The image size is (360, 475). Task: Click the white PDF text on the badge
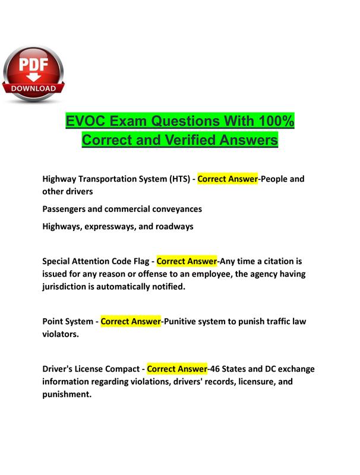pyautogui.click(x=33, y=65)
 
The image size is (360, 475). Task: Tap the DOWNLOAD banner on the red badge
pyautogui.click(x=33, y=88)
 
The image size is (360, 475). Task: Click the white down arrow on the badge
pyautogui.click(x=33, y=77)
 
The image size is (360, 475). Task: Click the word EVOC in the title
pyautogui.click(x=86, y=121)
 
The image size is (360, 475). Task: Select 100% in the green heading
pyautogui.click(x=276, y=121)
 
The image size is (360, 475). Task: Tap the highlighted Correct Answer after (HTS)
pyautogui.click(x=228, y=179)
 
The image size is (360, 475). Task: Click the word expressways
pyautogui.click(x=110, y=227)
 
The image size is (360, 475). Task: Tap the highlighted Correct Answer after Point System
pyautogui.click(x=131, y=321)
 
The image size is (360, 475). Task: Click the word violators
pyautogui.click(x=61, y=334)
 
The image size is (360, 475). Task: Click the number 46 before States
pyautogui.click(x=215, y=369)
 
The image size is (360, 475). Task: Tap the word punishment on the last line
pyautogui.click(x=67, y=394)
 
